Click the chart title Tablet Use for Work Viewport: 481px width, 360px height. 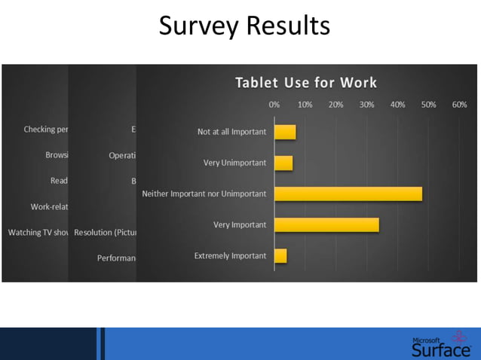click(x=306, y=83)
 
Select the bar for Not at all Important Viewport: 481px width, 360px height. click(x=285, y=132)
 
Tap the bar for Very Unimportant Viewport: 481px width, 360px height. click(x=283, y=163)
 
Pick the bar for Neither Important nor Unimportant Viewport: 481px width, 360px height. click(x=348, y=194)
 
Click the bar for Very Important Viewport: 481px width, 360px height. click(x=326, y=224)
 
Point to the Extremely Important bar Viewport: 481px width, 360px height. click(x=280, y=255)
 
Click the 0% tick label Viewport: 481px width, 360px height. click(x=274, y=105)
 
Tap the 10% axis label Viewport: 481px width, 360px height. click(x=305, y=105)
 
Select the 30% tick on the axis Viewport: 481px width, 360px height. click(x=366, y=105)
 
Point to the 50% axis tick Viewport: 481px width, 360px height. click(x=428, y=105)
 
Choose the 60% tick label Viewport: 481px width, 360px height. click(x=459, y=105)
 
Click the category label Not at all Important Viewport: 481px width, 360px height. click(x=231, y=132)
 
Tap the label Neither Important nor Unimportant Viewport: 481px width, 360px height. click(x=204, y=194)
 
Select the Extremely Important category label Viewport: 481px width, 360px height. click(x=230, y=255)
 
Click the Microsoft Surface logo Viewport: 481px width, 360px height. click(x=441, y=344)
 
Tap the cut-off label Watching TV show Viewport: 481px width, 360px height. click(x=38, y=233)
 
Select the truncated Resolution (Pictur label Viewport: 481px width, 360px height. click(x=103, y=233)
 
